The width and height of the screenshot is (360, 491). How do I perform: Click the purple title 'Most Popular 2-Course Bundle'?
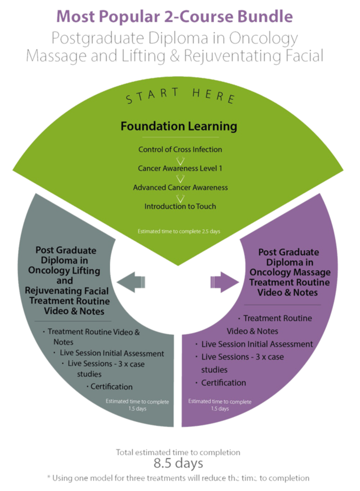tap(175, 16)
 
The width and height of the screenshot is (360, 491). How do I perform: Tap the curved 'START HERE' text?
tap(179, 95)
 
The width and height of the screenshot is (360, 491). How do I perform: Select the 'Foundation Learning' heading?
tap(179, 126)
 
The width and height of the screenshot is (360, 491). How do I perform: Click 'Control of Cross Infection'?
tap(180, 150)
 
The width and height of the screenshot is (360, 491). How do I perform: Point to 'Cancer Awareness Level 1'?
tap(180, 168)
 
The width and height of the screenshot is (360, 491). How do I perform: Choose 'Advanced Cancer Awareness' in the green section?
tap(180, 187)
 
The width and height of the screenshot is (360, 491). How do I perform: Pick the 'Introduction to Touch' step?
tap(180, 206)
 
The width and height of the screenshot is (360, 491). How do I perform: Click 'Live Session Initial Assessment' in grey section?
tap(112, 354)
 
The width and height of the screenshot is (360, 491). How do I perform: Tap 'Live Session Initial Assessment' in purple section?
tap(257, 344)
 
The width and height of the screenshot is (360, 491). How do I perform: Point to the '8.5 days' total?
tap(178, 463)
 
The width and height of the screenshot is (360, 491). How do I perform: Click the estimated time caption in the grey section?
tap(137, 405)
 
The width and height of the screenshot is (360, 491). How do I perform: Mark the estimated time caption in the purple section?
tap(220, 405)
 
